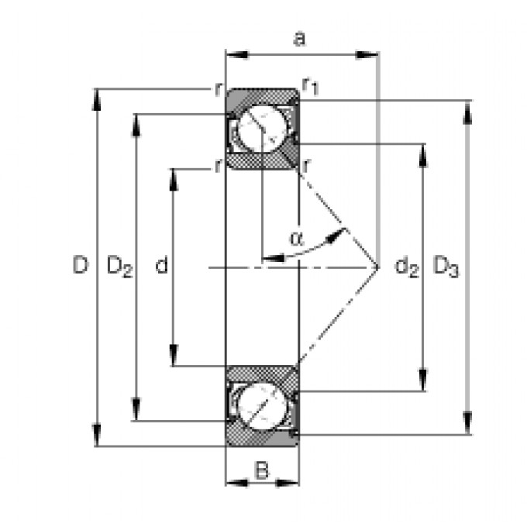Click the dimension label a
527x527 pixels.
coord(299,39)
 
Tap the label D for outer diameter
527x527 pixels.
coord(81,264)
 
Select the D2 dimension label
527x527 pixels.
coord(119,266)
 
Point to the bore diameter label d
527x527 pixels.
coord(162,264)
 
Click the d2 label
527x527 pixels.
coord(407,267)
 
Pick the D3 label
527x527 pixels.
coord(446,266)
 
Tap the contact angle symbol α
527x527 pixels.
coord(296,238)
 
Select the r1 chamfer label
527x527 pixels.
coord(310,86)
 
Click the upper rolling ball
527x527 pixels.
coord(263,129)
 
